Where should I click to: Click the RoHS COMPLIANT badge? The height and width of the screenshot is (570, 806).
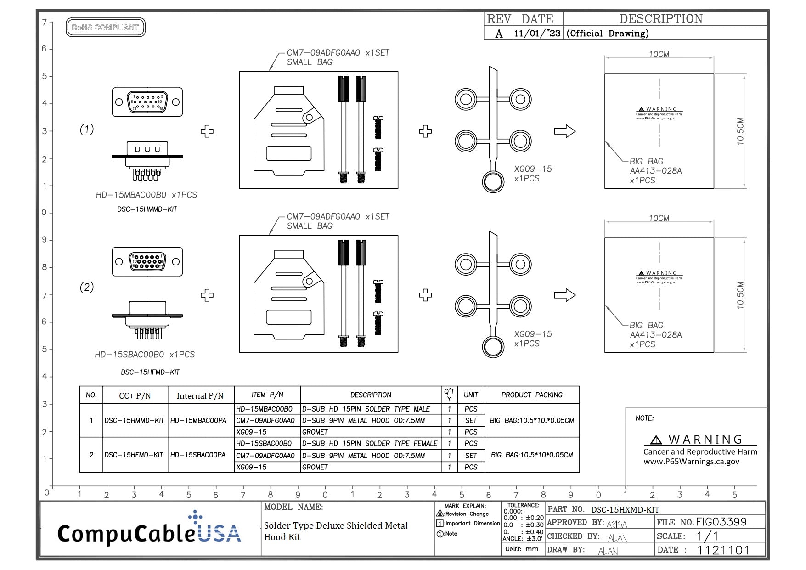[x=105, y=27]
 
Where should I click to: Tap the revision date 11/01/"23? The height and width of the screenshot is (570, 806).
[x=537, y=33]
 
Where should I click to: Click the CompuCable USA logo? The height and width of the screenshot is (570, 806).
[x=149, y=530]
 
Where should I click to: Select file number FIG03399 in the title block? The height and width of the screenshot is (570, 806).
[x=721, y=522]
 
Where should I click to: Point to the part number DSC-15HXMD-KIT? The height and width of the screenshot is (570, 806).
[x=625, y=509]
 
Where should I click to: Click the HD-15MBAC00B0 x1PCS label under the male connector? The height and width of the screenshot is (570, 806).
[x=146, y=195]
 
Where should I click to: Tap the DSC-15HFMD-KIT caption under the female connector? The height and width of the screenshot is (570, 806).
[x=150, y=372]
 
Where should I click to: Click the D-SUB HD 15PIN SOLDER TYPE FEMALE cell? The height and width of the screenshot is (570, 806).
[x=370, y=443]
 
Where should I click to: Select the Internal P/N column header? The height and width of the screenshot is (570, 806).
[x=200, y=395]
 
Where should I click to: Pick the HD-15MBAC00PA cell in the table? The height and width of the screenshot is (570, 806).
[x=198, y=420]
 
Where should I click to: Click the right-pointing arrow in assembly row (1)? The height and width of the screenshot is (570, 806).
[x=564, y=131]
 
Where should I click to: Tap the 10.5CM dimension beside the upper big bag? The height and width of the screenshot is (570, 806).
[x=740, y=131]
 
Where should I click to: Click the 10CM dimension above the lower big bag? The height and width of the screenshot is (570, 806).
[x=659, y=218]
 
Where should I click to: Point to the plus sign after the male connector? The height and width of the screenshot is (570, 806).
[x=207, y=131]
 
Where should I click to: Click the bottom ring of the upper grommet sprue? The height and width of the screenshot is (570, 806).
[x=493, y=181]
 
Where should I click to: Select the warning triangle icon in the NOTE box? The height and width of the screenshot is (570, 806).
[x=656, y=440]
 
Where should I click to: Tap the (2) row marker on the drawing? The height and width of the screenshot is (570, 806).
[x=87, y=287]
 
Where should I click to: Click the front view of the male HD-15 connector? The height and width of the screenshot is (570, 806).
[x=147, y=102]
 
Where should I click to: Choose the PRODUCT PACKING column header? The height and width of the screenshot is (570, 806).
[x=531, y=395]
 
